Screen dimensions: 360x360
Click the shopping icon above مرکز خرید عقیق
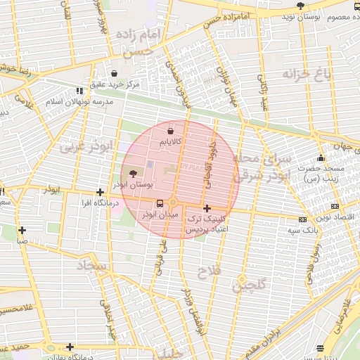tap(114, 73)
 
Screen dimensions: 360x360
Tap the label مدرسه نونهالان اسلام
tap(54, 102)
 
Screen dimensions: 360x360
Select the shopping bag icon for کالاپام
tap(171, 131)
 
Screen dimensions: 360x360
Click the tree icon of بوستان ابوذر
tap(134, 174)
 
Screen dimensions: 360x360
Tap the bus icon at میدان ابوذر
tap(159, 202)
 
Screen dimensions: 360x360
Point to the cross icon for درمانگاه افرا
tap(101, 192)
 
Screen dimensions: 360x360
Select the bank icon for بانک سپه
tap(302, 219)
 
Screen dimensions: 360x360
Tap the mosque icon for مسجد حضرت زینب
tap(321, 157)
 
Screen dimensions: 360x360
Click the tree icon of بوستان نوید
tap(301, 6)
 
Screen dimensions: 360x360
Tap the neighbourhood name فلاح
tap(211, 271)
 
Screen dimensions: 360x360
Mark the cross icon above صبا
tap(22, 229)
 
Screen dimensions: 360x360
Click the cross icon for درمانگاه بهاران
tap(69, 347)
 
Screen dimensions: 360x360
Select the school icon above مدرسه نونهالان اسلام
tap(77, 90)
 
